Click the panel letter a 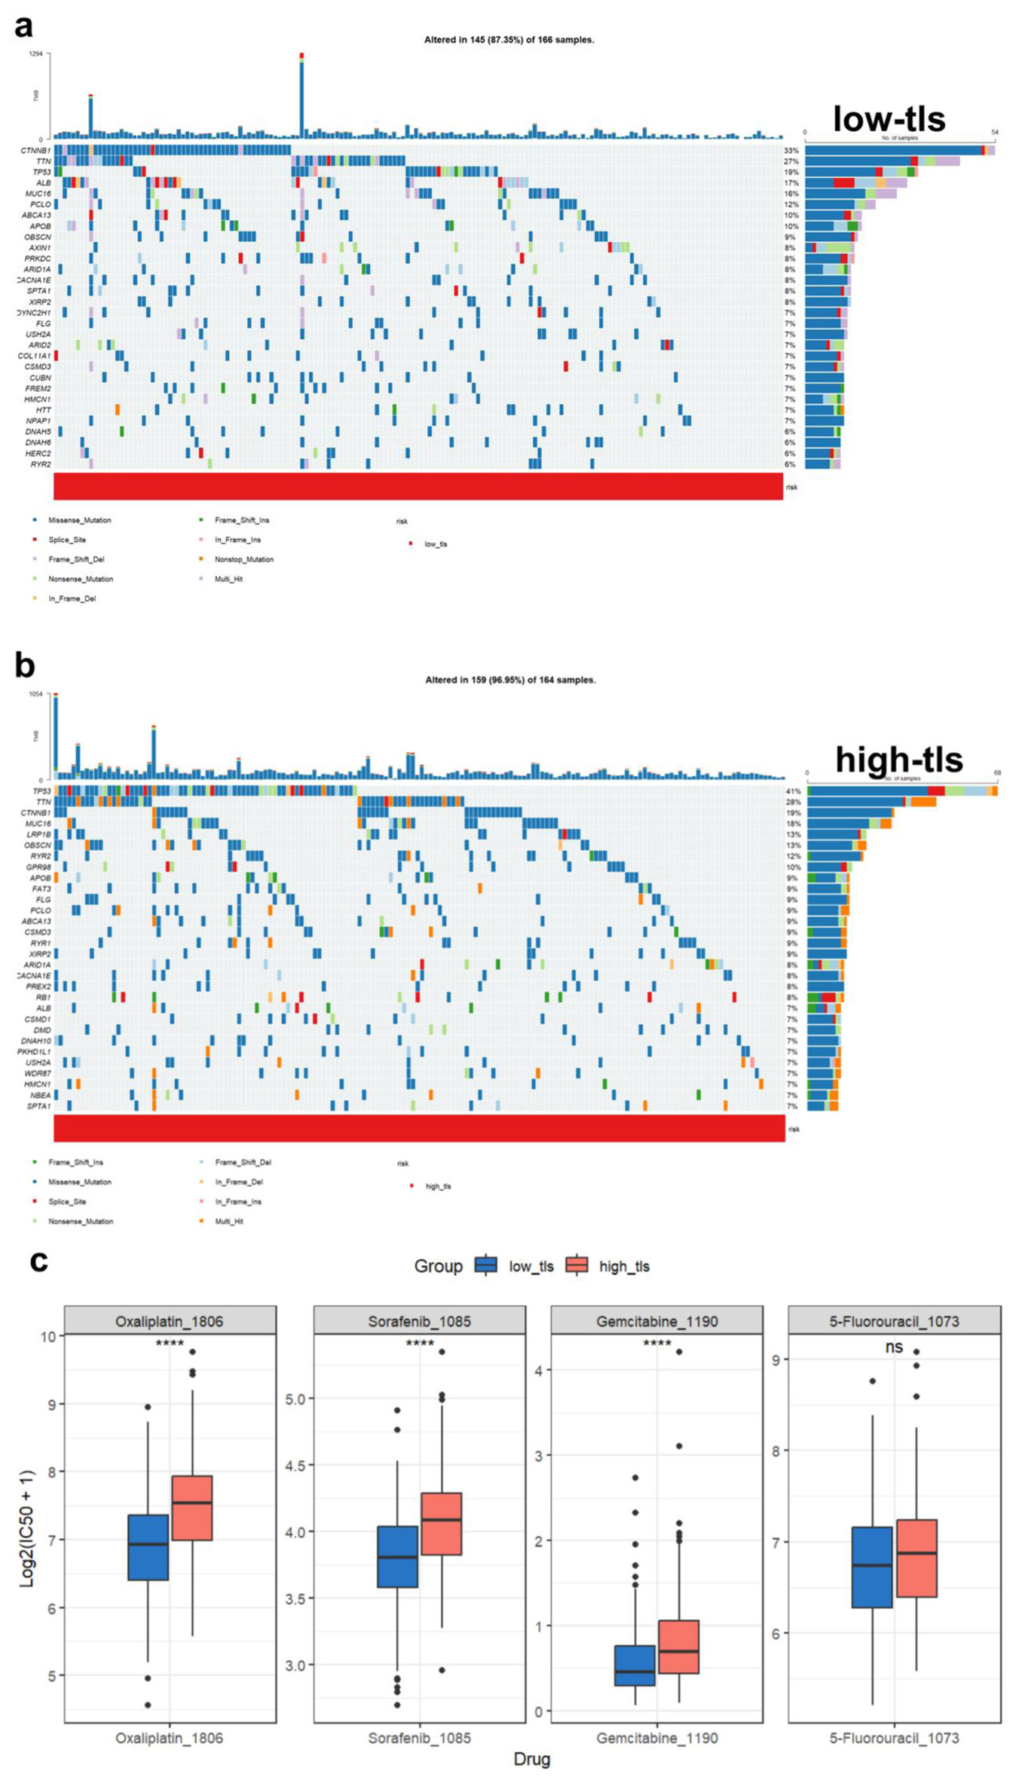click(23, 27)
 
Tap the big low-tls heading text click(889, 118)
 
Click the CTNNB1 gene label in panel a click(35, 151)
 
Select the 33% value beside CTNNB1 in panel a click(791, 151)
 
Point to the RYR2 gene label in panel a click(41, 464)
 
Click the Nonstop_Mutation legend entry click(243, 559)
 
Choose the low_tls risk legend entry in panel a click(436, 544)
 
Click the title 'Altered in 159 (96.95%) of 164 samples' click(510, 680)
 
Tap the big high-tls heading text click(898, 759)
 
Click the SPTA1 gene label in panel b click(38, 1106)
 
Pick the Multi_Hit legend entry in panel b click(229, 1221)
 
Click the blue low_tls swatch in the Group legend click(486, 1266)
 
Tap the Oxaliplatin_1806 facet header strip click(170, 1321)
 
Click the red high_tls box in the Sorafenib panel click(442, 1524)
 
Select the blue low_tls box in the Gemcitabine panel click(635, 1665)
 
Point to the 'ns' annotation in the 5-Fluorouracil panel click(894, 1347)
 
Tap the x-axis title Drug click(531, 1759)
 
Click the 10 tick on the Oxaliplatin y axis click(47, 1337)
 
